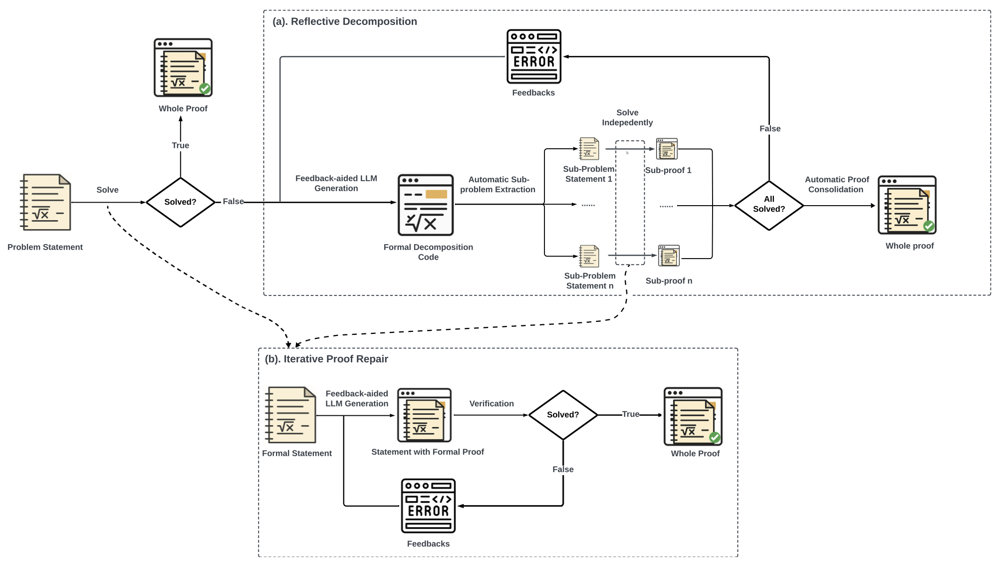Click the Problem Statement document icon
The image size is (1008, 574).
click(45, 202)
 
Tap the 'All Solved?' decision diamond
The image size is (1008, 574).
click(769, 205)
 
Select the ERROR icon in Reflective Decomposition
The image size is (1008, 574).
click(534, 56)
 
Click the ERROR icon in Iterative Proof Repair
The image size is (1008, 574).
click(428, 506)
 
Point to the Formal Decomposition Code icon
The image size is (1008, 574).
click(426, 205)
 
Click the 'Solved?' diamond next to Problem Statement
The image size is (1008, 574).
click(180, 202)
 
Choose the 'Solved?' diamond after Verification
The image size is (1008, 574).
click(563, 415)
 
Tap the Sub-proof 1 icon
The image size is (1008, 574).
click(667, 149)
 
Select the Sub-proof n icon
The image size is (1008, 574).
click(669, 256)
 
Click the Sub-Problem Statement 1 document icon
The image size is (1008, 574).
click(589, 149)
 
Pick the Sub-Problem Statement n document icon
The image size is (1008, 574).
click(589, 256)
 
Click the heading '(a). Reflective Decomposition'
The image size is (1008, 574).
click(345, 21)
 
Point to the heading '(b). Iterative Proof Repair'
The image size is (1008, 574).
click(326, 359)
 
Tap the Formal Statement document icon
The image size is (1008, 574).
click(290, 415)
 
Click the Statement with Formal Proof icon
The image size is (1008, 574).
click(424, 415)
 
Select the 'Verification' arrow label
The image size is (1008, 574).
click(492, 403)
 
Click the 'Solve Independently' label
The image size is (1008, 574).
click(627, 117)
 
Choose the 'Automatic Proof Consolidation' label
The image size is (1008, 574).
click(837, 184)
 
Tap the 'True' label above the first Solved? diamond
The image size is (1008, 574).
click(181, 145)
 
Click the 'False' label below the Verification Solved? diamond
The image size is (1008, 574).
click(563, 469)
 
